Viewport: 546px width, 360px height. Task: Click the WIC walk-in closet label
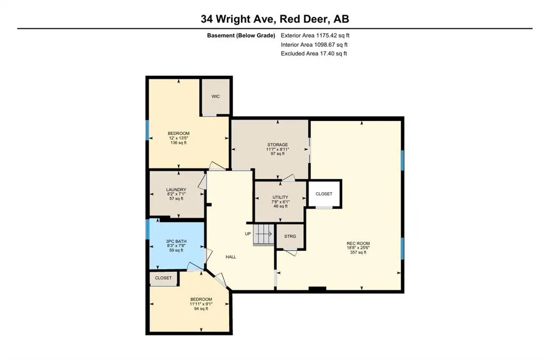pos(216,97)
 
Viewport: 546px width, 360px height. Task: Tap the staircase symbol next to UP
pos(263,234)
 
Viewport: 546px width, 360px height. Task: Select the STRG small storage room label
pos(290,236)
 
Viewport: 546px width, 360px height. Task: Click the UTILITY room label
pos(280,197)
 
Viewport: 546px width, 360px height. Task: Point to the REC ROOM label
pos(358,244)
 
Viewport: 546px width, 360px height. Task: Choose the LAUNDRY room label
pos(176,190)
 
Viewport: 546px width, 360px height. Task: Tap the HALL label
pos(231,257)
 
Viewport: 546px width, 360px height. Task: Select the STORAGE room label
pos(278,145)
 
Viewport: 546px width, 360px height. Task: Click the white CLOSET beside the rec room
pos(324,194)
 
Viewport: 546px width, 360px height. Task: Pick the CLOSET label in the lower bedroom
pos(163,278)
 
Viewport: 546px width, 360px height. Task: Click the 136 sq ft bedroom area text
pos(178,143)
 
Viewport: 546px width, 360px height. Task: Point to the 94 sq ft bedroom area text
pos(201,308)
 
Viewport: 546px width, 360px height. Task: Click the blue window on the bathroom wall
pos(147,229)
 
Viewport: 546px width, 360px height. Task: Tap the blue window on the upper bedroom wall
pos(147,130)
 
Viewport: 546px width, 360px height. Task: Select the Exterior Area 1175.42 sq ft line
pos(315,36)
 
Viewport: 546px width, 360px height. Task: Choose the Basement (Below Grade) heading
pos(241,36)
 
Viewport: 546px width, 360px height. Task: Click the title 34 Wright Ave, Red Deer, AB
pos(275,19)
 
